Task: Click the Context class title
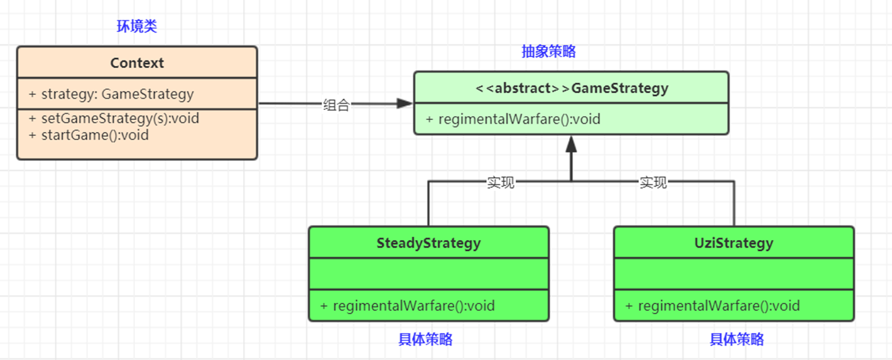coord(137,63)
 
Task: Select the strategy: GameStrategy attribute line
coord(111,94)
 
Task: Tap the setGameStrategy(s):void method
coord(114,118)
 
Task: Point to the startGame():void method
coord(89,134)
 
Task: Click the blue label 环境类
coord(137,26)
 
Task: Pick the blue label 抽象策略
coord(548,52)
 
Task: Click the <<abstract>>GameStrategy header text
coord(571,88)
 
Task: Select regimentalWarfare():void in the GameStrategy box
coord(513,119)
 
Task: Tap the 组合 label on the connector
coord(336,105)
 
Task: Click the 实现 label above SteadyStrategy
coord(501,182)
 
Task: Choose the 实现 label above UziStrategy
coord(653,182)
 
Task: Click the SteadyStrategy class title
coord(428,243)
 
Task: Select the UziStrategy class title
coord(734,243)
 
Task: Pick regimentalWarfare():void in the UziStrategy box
coord(712,306)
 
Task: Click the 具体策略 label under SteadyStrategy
coord(425,339)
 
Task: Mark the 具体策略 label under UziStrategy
coord(736,339)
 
